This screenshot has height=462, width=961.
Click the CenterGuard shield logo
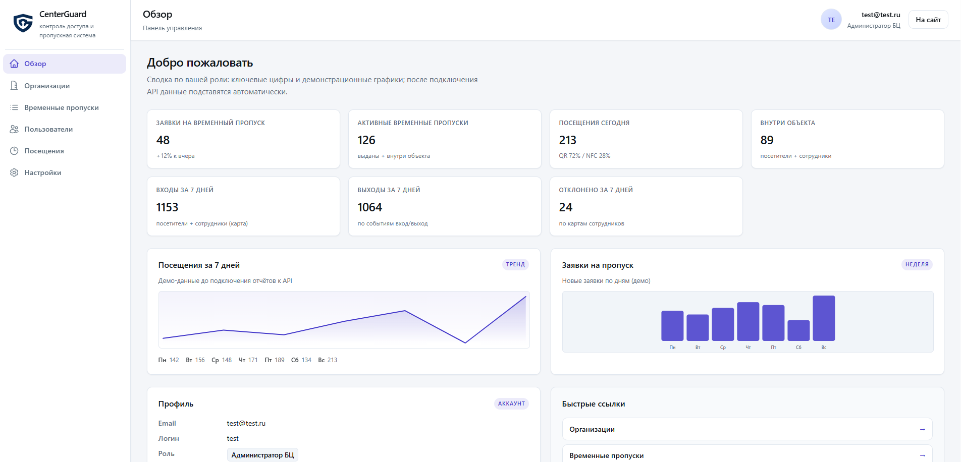(23, 23)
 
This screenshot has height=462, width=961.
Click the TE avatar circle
(831, 20)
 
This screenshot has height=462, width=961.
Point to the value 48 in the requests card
(163, 140)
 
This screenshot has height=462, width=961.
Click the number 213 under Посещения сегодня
(568, 140)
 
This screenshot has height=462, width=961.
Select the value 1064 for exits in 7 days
(370, 207)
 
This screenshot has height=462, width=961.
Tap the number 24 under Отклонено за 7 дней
(566, 207)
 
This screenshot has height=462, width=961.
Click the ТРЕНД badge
(515, 264)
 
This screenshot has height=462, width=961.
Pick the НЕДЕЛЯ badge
(917, 264)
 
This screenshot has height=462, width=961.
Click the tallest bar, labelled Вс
(824, 318)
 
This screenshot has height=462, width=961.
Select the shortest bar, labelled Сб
(798, 330)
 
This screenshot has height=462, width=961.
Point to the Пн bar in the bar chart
(672, 326)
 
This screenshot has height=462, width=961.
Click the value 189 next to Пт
(280, 360)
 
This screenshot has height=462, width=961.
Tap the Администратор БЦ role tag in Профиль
(262, 455)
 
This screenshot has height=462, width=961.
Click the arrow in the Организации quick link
(922, 429)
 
